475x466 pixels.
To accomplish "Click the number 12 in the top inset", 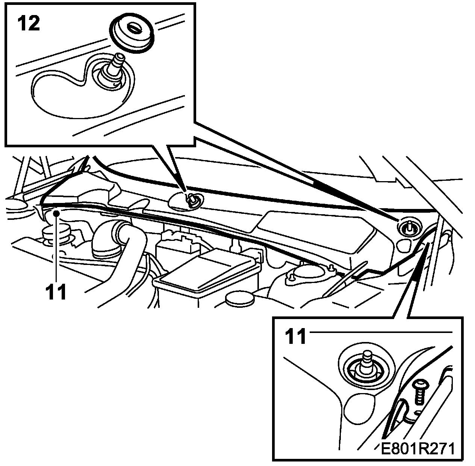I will coord(28,24).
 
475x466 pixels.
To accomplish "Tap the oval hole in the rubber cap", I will coord(133,27).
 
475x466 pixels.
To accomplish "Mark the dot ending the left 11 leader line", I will coord(56,213).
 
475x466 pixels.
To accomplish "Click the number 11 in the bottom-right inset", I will coord(296,337).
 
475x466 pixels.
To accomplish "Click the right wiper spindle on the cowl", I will coord(408,227).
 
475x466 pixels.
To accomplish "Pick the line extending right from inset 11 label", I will coord(380,332).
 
